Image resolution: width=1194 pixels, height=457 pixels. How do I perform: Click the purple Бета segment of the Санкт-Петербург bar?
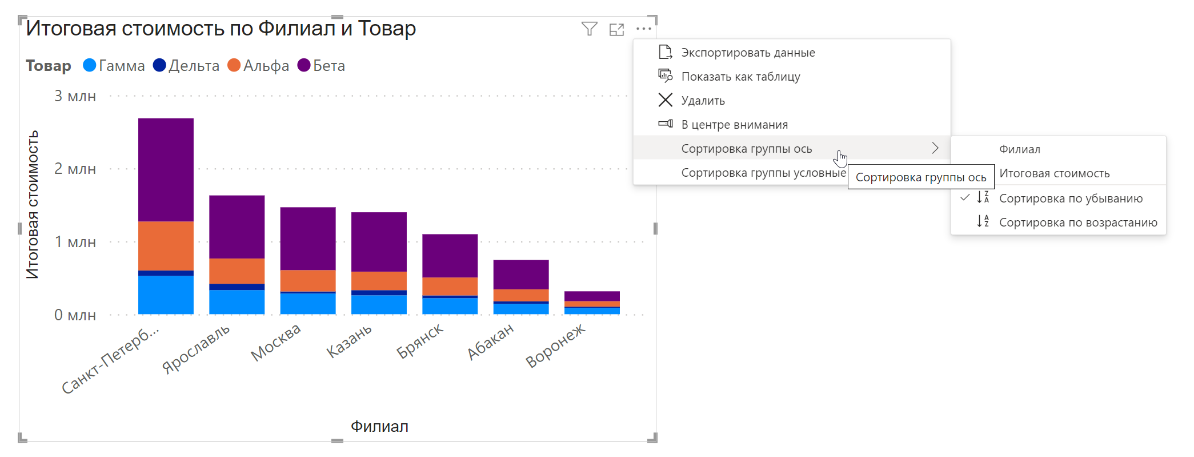[166, 169]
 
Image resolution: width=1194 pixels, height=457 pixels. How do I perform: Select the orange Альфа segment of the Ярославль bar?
[237, 271]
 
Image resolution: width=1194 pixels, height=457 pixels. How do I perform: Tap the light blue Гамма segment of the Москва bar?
[308, 303]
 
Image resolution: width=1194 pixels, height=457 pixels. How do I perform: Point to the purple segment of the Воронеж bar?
[592, 296]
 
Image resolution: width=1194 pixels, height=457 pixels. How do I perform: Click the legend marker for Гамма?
[90, 65]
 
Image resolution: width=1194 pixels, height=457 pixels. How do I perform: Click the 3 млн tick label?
[75, 96]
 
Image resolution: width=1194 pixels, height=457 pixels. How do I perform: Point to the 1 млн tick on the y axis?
[75, 242]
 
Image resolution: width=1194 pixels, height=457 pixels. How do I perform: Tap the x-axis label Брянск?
[420, 341]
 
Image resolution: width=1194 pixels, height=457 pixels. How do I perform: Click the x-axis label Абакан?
[490, 342]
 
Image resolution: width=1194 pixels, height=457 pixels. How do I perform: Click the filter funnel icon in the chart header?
[589, 29]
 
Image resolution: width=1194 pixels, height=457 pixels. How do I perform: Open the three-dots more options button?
[643, 29]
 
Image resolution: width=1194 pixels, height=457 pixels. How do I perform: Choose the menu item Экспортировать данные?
[748, 53]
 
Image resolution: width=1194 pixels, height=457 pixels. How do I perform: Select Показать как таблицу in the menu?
[740, 77]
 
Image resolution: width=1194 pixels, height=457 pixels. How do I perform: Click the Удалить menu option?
[703, 101]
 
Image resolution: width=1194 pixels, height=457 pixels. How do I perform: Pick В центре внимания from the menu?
[734, 125]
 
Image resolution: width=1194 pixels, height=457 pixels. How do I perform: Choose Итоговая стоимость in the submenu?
[1054, 173]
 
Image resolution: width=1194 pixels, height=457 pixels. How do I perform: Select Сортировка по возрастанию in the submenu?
[1077, 222]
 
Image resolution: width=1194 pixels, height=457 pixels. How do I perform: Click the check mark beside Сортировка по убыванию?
[965, 198]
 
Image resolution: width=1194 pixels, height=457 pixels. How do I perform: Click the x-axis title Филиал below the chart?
[379, 427]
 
